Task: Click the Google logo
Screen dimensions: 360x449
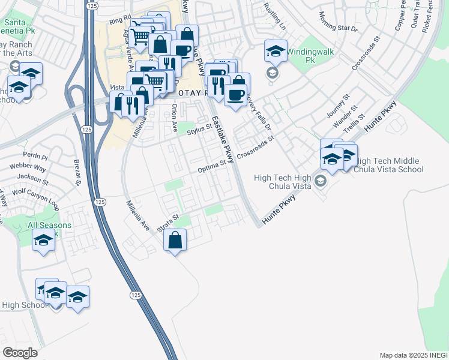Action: (x=20, y=353)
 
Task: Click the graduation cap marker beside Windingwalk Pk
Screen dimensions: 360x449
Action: (x=276, y=52)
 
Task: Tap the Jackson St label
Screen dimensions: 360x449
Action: (x=32, y=178)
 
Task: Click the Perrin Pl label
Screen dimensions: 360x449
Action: (x=19, y=156)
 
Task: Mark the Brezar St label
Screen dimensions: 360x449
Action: (x=76, y=172)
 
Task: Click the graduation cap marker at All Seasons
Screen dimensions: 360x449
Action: (x=43, y=241)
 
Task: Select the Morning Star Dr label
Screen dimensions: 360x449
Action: (x=338, y=22)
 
